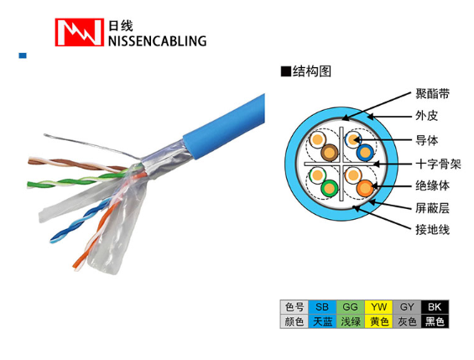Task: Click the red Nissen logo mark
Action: pos(79,32)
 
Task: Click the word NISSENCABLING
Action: pos(157,41)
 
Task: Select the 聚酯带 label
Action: pos(432,94)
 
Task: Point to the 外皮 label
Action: pos(426,116)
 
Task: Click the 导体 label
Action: pos(426,140)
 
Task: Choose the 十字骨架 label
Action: pos(438,164)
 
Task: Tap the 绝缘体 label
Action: pos(432,185)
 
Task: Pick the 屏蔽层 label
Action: pos(432,208)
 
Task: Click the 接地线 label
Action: pos(432,230)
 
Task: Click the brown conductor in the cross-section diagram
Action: pos(330,153)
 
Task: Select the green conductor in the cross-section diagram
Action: pos(329,188)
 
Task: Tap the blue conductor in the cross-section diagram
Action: pos(365,153)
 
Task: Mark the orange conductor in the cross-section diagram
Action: pos(365,188)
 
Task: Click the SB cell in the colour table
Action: pos(322,307)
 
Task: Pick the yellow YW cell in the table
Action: pos(378,307)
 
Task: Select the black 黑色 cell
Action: pos(435,321)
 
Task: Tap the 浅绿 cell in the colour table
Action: pos(351,321)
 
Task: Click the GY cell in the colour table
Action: pos(407,307)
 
